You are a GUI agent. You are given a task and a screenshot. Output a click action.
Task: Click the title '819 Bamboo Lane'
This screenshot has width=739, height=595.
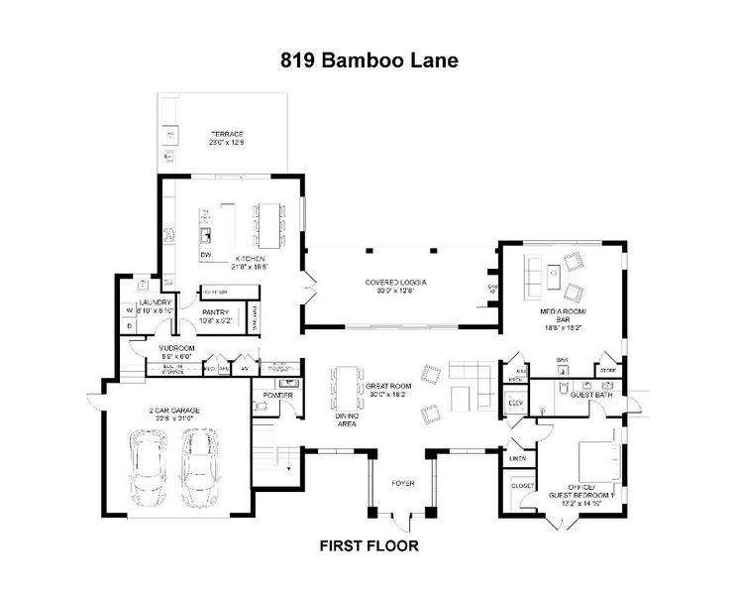click(x=369, y=61)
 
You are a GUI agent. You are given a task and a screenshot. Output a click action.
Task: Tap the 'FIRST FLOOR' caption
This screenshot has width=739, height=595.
click(x=369, y=545)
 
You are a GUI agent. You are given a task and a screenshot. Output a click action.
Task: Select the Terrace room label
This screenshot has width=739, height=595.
click(x=226, y=138)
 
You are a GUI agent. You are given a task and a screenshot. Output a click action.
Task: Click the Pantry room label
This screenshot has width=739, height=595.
click(x=216, y=316)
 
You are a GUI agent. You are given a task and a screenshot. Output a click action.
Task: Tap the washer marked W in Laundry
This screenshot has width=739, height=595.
click(x=129, y=309)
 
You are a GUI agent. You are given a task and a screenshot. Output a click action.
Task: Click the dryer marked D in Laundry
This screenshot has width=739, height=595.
click(x=129, y=325)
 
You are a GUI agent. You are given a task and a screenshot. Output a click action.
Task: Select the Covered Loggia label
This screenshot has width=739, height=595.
click(x=395, y=286)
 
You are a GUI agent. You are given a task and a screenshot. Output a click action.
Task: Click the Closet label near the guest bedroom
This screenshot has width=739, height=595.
click(x=522, y=485)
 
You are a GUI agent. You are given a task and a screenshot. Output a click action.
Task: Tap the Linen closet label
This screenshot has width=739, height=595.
click(x=517, y=458)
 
